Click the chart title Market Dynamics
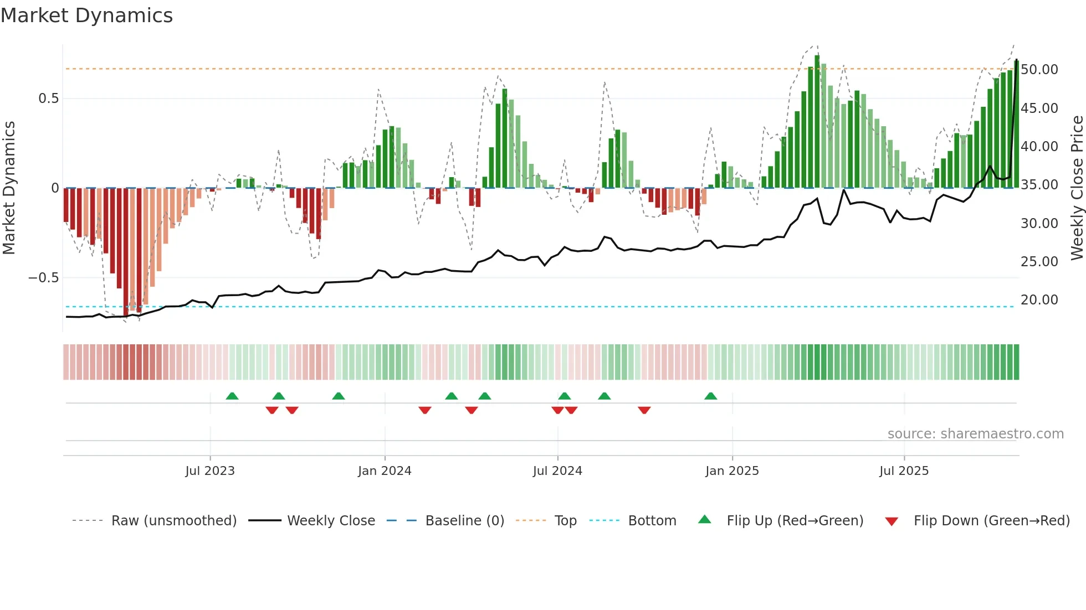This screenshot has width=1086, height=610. [x=86, y=15]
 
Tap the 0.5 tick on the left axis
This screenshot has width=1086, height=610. [x=48, y=99]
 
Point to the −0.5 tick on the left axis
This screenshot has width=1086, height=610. [x=43, y=278]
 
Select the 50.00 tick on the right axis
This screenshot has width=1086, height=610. [x=1039, y=70]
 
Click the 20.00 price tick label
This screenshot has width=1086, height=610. [x=1039, y=300]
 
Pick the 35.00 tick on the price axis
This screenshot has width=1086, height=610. [x=1039, y=185]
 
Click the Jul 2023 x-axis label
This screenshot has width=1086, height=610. [x=210, y=471]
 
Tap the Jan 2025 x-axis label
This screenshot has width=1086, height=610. [x=732, y=471]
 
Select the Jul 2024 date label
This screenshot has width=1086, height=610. [x=557, y=471]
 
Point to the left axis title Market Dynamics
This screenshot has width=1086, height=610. [x=9, y=188]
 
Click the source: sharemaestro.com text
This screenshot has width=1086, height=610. [x=975, y=434]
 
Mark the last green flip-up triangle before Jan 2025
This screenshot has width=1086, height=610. [x=710, y=396]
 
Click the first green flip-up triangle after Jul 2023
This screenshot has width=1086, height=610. [x=232, y=396]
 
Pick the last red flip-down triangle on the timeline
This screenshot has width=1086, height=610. [x=644, y=410]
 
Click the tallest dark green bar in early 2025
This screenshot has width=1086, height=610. [x=817, y=122]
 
